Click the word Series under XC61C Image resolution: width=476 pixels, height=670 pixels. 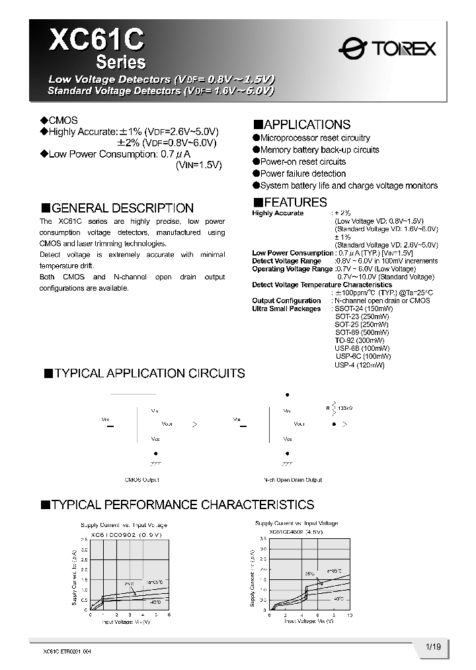(121, 62)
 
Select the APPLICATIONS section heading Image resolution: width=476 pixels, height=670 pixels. (302, 124)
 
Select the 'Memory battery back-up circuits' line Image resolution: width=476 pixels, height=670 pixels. (315, 150)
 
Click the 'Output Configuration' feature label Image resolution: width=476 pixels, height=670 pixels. (286, 301)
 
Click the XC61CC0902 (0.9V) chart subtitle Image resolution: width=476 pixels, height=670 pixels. (126, 534)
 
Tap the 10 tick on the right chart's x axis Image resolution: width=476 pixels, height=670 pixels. (350, 615)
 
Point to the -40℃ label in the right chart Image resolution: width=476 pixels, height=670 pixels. (339, 598)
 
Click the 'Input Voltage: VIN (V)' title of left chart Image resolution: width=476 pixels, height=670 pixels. (125, 622)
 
